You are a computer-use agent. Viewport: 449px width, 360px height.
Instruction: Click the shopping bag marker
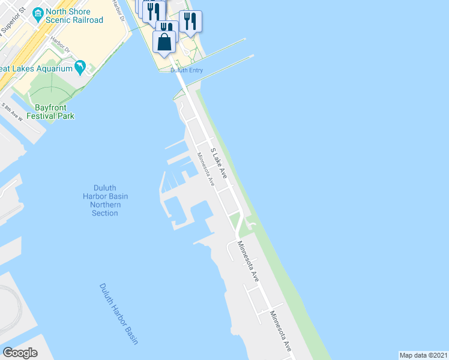point(164,43)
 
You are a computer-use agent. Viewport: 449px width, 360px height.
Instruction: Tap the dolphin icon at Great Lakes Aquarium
point(79,67)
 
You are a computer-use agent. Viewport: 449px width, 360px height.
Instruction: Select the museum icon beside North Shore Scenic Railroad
point(38,13)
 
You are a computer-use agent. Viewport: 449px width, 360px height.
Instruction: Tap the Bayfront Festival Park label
point(54,112)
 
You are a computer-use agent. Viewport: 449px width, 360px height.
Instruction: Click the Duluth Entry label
point(187,71)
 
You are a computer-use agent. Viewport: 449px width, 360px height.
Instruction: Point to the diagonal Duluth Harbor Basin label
point(119,314)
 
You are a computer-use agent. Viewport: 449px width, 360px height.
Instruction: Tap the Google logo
point(20,353)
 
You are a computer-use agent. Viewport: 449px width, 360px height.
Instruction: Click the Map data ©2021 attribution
point(423,355)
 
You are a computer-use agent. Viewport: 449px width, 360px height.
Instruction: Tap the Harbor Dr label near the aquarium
point(60,43)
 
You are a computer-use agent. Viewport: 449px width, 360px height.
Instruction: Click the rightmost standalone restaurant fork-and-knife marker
point(190,22)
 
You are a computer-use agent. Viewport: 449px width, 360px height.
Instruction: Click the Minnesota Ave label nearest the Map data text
point(281,331)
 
